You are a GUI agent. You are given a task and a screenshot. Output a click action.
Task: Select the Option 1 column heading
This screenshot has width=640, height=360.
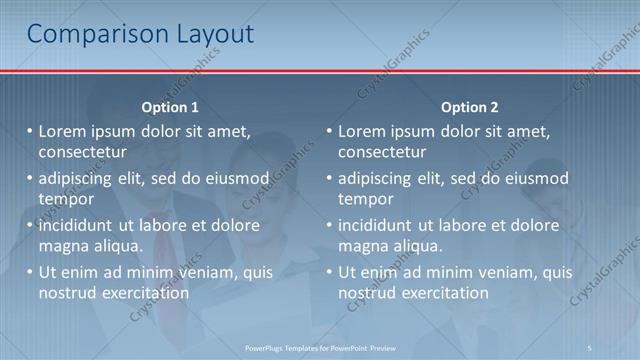pyautogui.click(x=170, y=107)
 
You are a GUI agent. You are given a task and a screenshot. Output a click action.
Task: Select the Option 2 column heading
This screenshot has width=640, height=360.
pyautogui.click(x=469, y=107)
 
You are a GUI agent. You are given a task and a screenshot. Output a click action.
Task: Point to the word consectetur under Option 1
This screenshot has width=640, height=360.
pyautogui.click(x=82, y=153)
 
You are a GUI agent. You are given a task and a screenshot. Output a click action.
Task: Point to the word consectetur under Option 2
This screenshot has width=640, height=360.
pyautogui.click(x=382, y=153)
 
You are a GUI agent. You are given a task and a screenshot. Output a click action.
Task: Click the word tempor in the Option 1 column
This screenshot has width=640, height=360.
pyautogui.click(x=65, y=199)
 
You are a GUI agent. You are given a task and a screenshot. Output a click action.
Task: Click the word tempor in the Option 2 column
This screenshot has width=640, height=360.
pyautogui.click(x=365, y=199)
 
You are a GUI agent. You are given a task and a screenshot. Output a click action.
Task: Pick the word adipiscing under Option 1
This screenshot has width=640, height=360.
pyautogui.click(x=76, y=179)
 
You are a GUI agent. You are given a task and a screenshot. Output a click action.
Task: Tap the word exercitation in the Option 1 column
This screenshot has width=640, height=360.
pyautogui.click(x=139, y=293)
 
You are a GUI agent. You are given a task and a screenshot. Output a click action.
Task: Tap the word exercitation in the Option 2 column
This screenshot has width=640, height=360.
pyautogui.click(x=439, y=293)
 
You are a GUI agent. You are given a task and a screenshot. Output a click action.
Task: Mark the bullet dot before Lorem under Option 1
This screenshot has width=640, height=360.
pyautogui.click(x=30, y=131)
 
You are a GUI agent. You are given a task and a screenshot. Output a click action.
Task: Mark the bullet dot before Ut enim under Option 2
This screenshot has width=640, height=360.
pyautogui.click(x=330, y=272)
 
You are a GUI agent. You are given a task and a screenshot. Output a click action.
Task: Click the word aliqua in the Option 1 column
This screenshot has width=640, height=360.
pyautogui.click(x=115, y=246)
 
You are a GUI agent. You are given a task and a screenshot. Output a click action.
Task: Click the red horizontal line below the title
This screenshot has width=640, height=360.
pyautogui.click(x=320, y=71)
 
